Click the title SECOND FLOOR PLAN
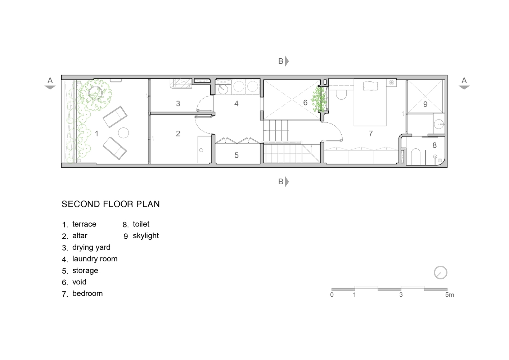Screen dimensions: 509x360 pyautogui.click(x=111, y=204)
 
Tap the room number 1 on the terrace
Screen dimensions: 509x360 pyautogui.click(x=96, y=134)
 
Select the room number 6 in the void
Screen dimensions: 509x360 pyautogui.click(x=305, y=103)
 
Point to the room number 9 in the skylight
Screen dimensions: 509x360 pyautogui.click(x=425, y=104)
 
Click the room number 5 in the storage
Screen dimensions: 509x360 pyautogui.click(x=236, y=155)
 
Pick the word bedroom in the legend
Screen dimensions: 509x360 pyautogui.click(x=87, y=293)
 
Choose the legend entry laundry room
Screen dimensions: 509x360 pyautogui.click(x=95, y=259)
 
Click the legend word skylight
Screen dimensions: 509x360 pyautogui.click(x=146, y=236)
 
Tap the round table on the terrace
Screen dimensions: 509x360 pyautogui.click(x=123, y=133)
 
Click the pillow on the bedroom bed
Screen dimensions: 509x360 pyautogui.click(x=370, y=86)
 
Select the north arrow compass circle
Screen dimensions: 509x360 pyautogui.click(x=440, y=273)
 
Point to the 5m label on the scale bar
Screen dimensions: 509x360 pyautogui.click(x=450, y=295)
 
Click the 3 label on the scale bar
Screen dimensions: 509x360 pyautogui.click(x=401, y=295)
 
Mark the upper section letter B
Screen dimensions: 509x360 pyautogui.click(x=281, y=61)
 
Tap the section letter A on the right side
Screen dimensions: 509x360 pyautogui.click(x=464, y=80)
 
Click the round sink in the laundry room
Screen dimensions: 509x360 pyautogui.click(x=223, y=89)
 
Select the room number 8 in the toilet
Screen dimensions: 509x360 pyautogui.click(x=434, y=145)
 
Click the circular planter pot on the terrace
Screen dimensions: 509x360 pyautogui.click(x=95, y=93)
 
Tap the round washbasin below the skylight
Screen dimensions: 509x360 pyautogui.click(x=439, y=124)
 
